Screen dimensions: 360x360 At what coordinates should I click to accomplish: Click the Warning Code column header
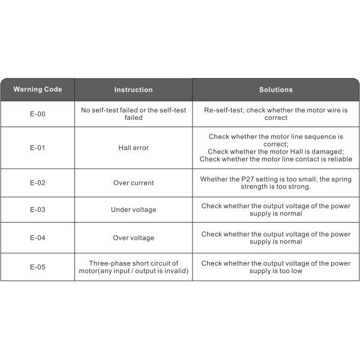click(37, 89)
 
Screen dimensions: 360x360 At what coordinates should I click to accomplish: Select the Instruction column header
click(133, 89)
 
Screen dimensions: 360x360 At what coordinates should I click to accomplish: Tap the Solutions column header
click(275, 89)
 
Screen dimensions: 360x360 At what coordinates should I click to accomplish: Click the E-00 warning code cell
click(37, 114)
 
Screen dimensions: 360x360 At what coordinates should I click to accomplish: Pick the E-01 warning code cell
click(37, 148)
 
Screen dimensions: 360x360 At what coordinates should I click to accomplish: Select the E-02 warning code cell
click(37, 182)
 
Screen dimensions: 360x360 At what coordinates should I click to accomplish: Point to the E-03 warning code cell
click(37, 209)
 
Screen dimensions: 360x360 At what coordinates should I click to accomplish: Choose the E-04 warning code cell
click(37, 238)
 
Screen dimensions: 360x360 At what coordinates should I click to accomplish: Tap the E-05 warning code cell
click(37, 266)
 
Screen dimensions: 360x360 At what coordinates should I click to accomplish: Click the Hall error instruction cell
click(133, 148)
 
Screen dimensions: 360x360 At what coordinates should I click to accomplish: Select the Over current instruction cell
click(133, 182)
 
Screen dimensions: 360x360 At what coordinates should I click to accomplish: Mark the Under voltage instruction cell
click(133, 209)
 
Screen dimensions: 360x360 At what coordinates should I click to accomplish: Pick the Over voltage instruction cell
click(133, 238)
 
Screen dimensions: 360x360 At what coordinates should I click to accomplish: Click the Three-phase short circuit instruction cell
click(133, 266)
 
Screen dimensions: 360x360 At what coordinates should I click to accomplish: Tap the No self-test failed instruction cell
click(133, 114)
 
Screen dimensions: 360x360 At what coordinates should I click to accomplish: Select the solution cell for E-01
click(275, 148)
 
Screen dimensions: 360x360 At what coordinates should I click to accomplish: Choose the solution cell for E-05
click(275, 266)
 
